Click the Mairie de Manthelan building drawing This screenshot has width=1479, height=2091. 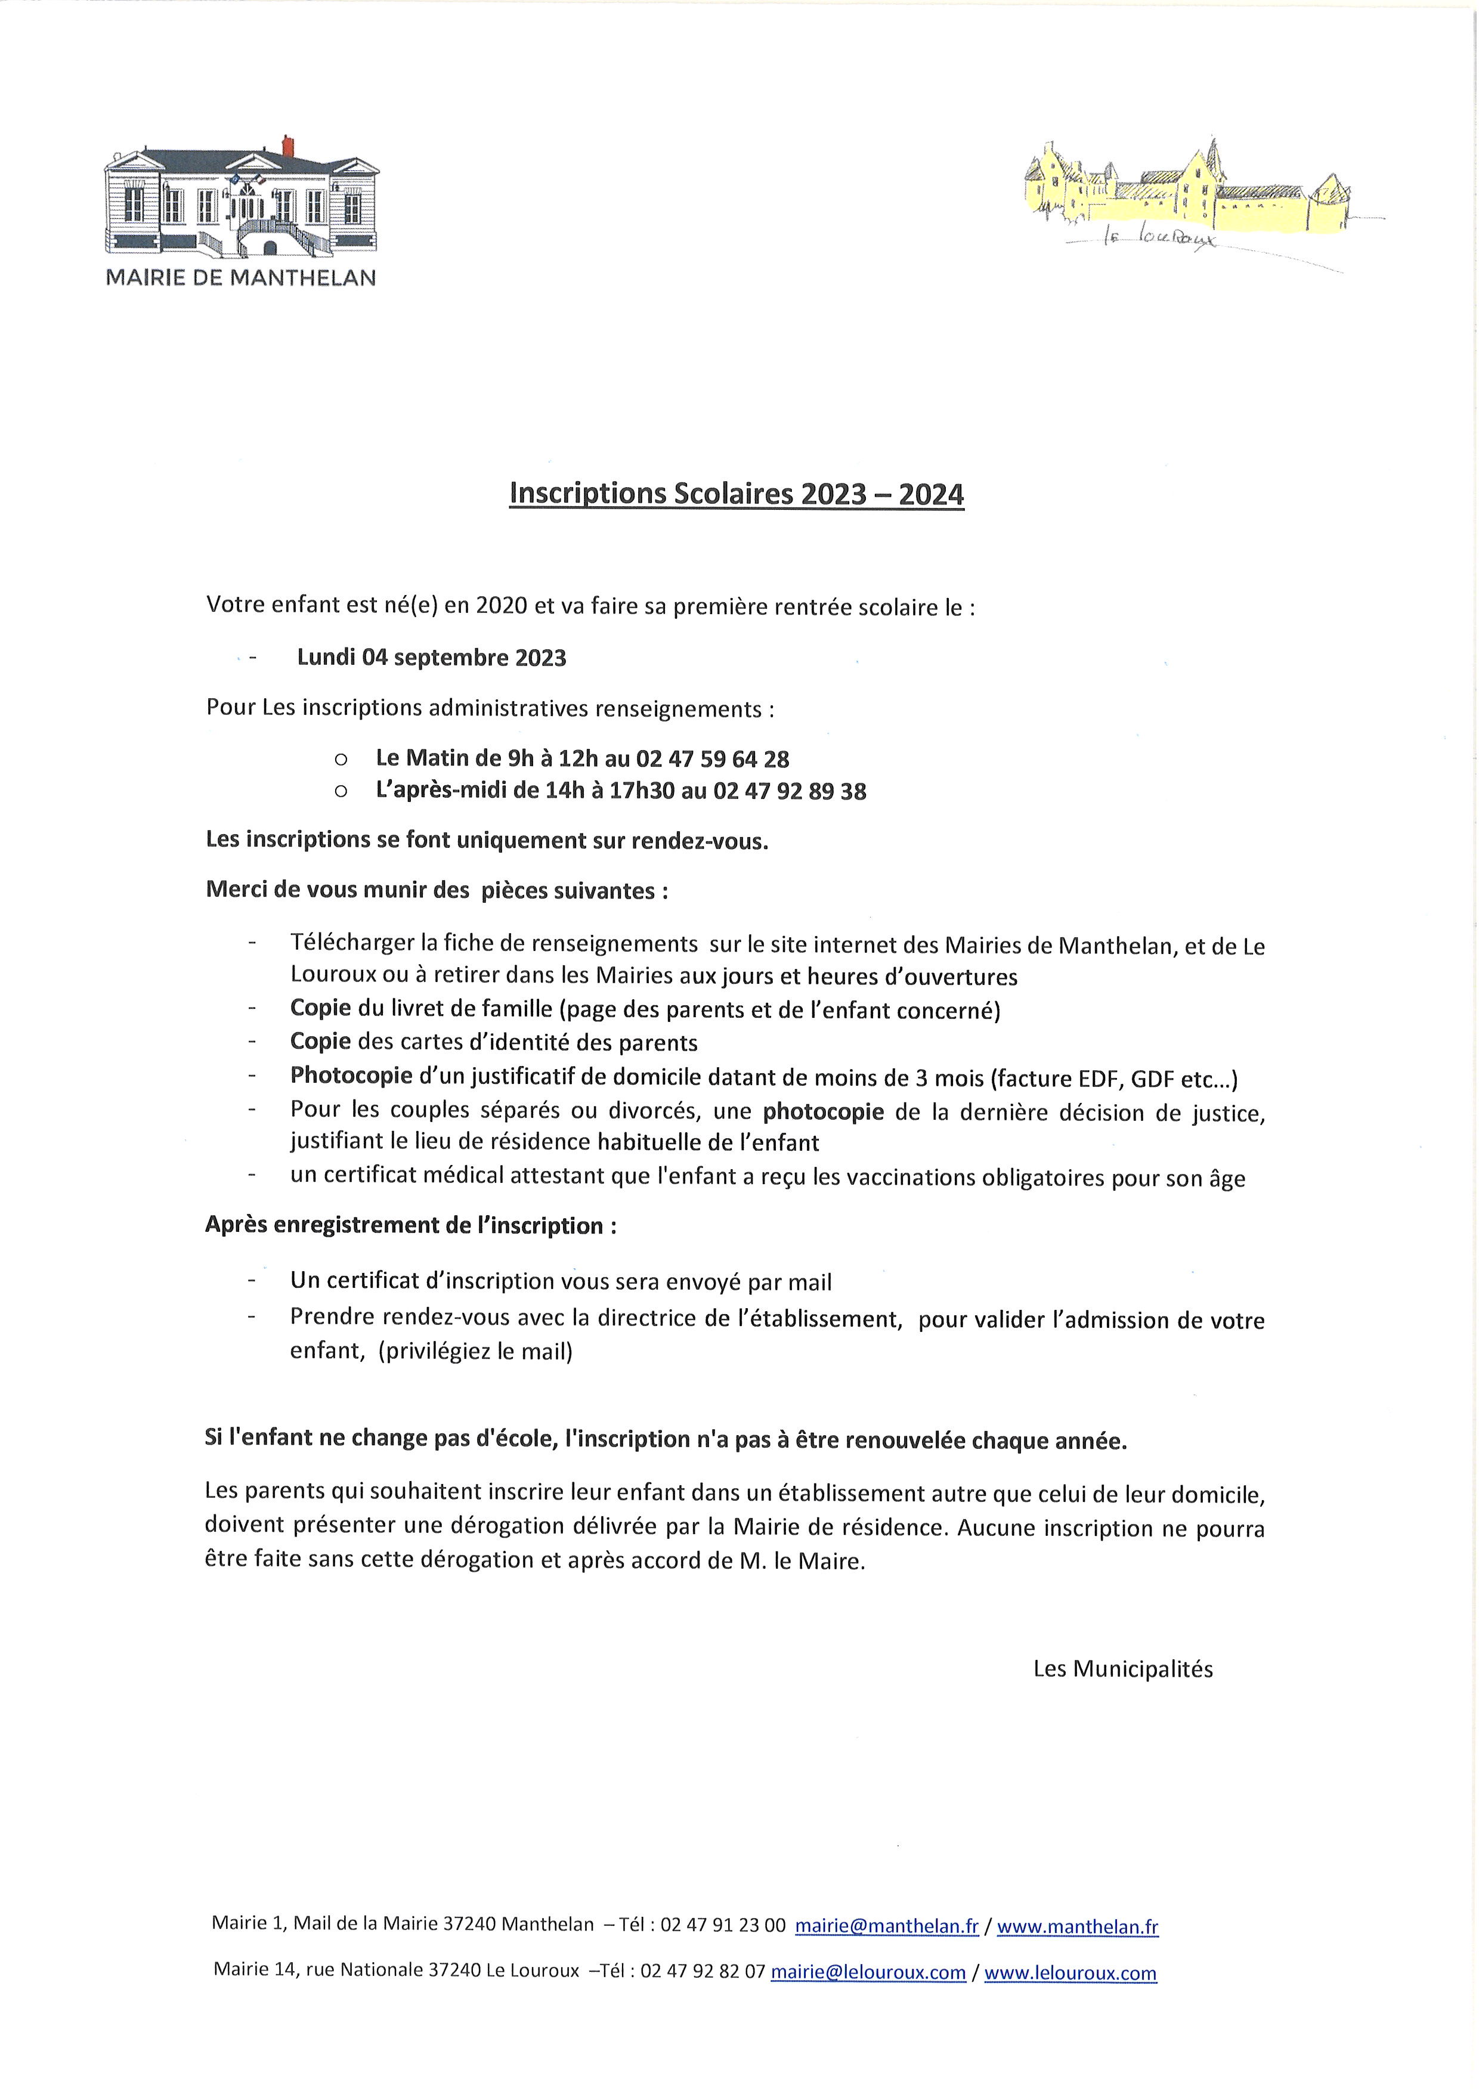(x=242, y=200)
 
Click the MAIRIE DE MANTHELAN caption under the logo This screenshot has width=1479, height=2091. (x=242, y=278)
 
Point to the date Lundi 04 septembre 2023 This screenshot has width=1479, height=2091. (x=432, y=658)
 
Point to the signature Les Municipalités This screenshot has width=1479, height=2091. (x=1123, y=1668)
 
